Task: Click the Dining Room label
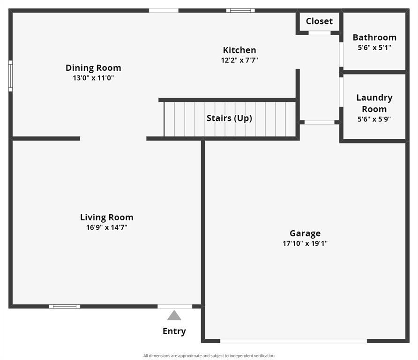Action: pyautogui.click(x=93, y=68)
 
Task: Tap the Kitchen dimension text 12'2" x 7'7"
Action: pyautogui.click(x=239, y=60)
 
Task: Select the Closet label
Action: pyautogui.click(x=319, y=21)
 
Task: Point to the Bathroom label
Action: pyautogui.click(x=374, y=37)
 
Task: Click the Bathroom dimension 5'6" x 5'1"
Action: pyautogui.click(x=374, y=47)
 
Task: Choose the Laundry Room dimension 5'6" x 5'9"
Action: pyautogui.click(x=374, y=119)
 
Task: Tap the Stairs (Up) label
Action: pyautogui.click(x=229, y=118)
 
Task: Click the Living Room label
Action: pyautogui.click(x=106, y=217)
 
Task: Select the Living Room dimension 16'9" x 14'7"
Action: pyautogui.click(x=106, y=228)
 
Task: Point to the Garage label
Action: pyautogui.click(x=305, y=233)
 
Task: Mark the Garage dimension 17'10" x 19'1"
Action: pyautogui.click(x=305, y=243)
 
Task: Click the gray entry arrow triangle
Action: pyautogui.click(x=174, y=316)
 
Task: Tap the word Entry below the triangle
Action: pyautogui.click(x=174, y=331)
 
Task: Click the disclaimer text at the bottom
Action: pyautogui.click(x=209, y=356)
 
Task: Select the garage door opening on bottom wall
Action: pyautogui.click(x=293, y=341)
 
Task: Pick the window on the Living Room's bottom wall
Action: pyautogui.click(x=65, y=307)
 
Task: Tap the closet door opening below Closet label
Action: pyautogui.click(x=320, y=33)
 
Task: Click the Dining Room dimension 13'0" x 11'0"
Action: pyautogui.click(x=93, y=78)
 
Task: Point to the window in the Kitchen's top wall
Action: pyautogui.click(x=240, y=10)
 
